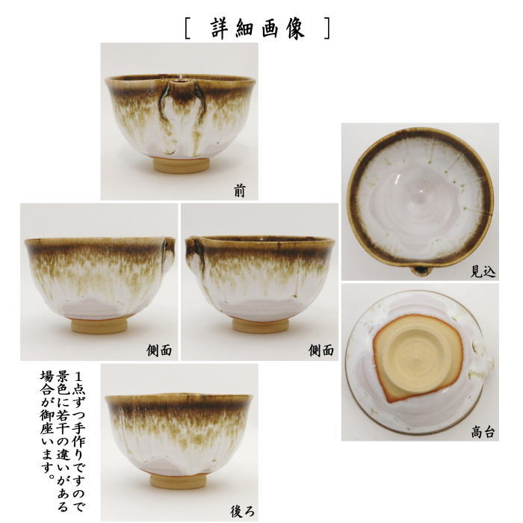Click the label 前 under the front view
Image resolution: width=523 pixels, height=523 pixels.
click(x=239, y=191)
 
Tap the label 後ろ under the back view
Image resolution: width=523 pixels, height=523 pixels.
click(x=242, y=512)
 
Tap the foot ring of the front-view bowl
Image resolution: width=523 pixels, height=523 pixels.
click(x=182, y=165)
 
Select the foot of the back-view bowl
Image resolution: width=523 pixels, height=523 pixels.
click(x=178, y=480)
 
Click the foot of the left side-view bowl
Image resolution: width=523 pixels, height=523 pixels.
click(x=98, y=325)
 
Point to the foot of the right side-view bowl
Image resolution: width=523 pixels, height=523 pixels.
click(x=260, y=325)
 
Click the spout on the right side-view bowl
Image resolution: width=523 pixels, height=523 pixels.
click(x=194, y=247)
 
